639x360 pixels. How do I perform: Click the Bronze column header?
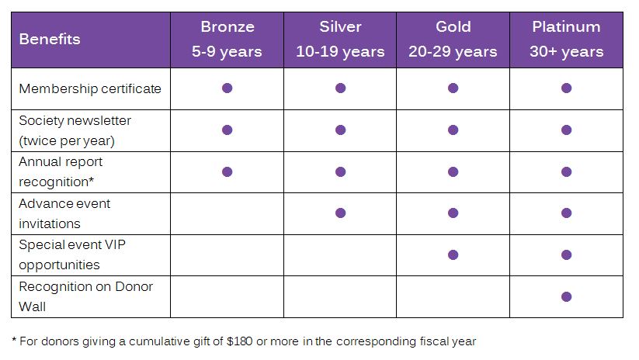pyautogui.click(x=227, y=39)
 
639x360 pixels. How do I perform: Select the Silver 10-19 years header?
pyautogui.click(x=340, y=39)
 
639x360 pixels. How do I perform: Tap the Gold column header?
pyautogui.click(x=453, y=39)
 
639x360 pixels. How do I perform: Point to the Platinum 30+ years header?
pyautogui.click(x=567, y=39)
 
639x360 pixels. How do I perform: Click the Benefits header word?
pyautogui.click(x=50, y=39)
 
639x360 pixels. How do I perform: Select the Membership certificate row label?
pyautogui.click(x=90, y=88)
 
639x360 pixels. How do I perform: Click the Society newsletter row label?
pyautogui.click(x=75, y=130)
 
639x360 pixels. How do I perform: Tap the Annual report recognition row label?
pyautogui.click(x=61, y=171)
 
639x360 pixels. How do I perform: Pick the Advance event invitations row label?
pyautogui.click(x=64, y=213)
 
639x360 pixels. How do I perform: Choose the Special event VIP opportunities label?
pyautogui.click(x=72, y=254)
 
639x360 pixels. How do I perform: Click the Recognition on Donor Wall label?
pyautogui.click(x=85, y=296)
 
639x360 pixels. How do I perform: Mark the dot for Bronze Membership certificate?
pyautogui.click(x=227, y=88)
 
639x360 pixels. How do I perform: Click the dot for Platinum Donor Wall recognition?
pyautogui.click(x=567, y=296)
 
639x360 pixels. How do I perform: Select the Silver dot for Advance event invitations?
pyautogui.click(x=341, y=213)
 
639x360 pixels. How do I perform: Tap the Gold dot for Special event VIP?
pyautogui.click(x=453, y=255)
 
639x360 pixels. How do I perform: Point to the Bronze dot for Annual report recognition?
pyautogui.click(x=227, y=172)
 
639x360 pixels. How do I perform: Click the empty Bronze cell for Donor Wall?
pyautogui.click(x=227, y=296)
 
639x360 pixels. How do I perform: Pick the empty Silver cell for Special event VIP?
pyautogui.click(x=340, y=255)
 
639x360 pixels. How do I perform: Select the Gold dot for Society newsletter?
pyautogui.click(x=453, y=130)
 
